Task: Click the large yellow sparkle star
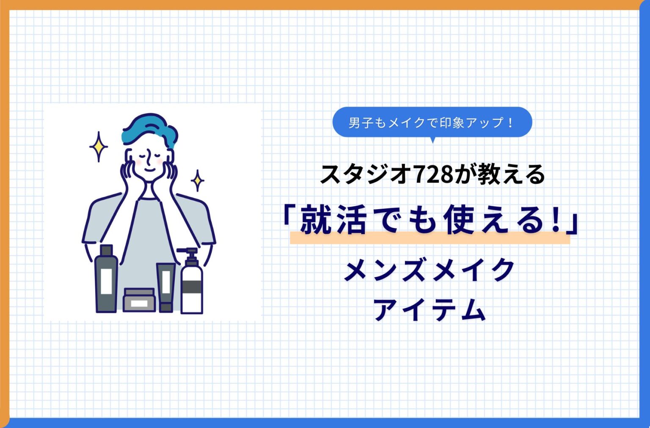click(x=99, y=146)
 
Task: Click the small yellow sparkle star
click(x=197, y=181)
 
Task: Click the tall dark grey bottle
click(x=106, y=279)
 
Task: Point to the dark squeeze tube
click(x=165, y=287)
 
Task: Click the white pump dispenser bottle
click(x=192, y=288)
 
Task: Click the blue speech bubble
click(x=432, y=122)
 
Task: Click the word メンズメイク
click(x=430, y=270)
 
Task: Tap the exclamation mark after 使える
click(x=556, y=219)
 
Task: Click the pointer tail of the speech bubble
click(x=432, y=140)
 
